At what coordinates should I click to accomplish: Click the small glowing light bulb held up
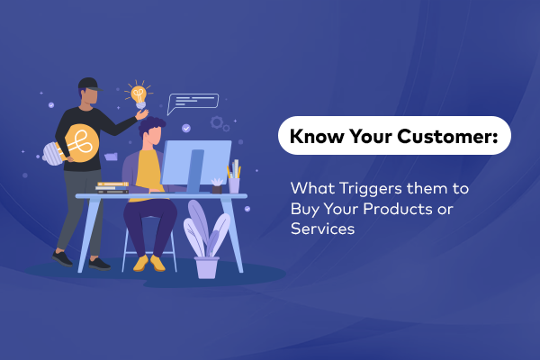139,94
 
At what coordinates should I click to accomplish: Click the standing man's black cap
87,85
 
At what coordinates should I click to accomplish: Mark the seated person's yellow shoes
149,262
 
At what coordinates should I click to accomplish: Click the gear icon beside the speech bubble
217,121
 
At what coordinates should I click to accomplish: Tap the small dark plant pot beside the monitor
216,186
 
